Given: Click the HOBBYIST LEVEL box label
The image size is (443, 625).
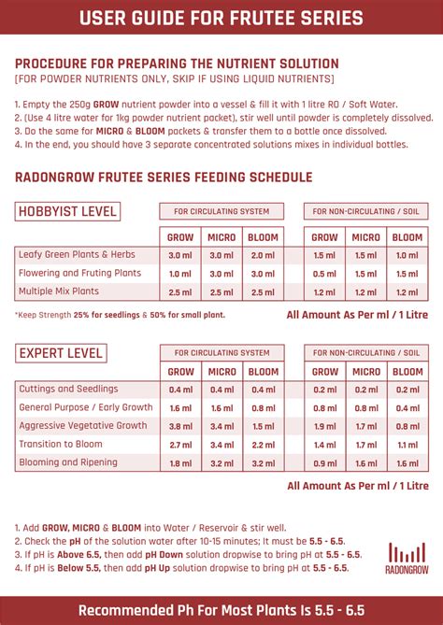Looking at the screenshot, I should (66, 211).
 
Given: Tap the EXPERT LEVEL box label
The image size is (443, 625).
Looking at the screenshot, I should (60, 353).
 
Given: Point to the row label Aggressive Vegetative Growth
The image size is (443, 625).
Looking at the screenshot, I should (83, 426).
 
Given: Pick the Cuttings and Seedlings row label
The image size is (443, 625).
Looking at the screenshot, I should (67, 390).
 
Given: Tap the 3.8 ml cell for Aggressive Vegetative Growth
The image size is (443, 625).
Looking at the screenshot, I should (180, 426).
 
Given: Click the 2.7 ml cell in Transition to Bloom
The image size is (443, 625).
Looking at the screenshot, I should (180, 445).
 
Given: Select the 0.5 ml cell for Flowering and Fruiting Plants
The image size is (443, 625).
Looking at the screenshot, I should (324, 274).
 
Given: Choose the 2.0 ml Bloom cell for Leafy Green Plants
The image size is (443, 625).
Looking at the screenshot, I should (263, 255).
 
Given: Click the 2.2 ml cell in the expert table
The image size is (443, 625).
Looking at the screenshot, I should (263, 445).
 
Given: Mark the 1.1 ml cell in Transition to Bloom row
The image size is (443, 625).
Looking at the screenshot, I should (407, 445).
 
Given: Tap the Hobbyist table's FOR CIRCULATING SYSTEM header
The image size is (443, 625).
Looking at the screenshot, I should (221, 211).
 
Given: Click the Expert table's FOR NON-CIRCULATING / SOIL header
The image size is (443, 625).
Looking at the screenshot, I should (365, 353).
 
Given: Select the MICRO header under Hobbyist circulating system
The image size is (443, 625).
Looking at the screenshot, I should (221, 237).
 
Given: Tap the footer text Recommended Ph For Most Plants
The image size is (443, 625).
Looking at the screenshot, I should (221, 609).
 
